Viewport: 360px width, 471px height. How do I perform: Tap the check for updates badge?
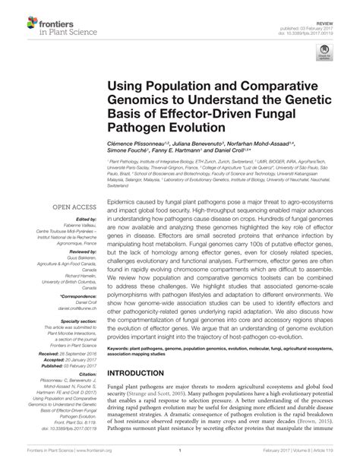pyautogui.click(x=327, y=52)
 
